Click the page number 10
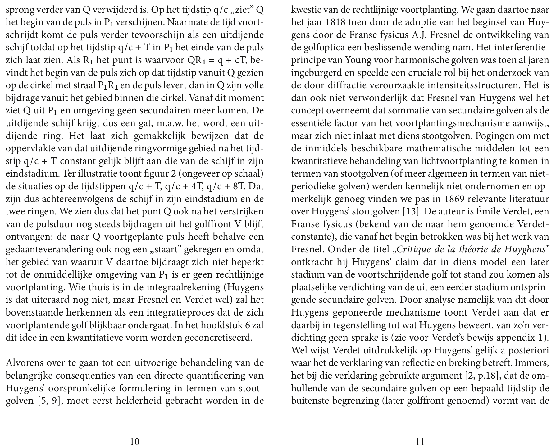coord(134,441)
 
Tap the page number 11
coord(420,441)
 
